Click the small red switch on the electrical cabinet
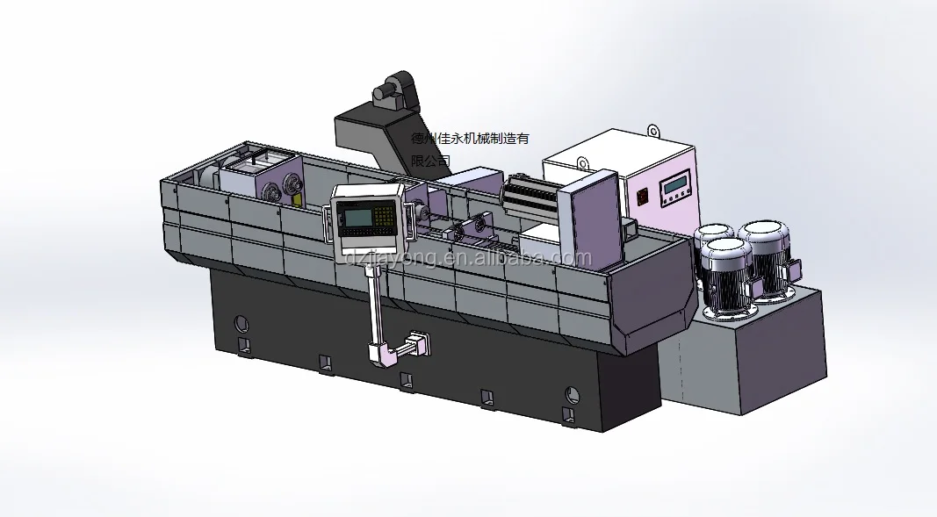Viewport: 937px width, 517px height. [643, 196]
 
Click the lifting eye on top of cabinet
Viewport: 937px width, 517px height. [653, 132]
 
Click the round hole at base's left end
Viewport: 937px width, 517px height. [241, 322]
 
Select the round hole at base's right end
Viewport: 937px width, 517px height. [572, 393]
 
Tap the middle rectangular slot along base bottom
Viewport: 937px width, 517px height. [406, 380]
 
